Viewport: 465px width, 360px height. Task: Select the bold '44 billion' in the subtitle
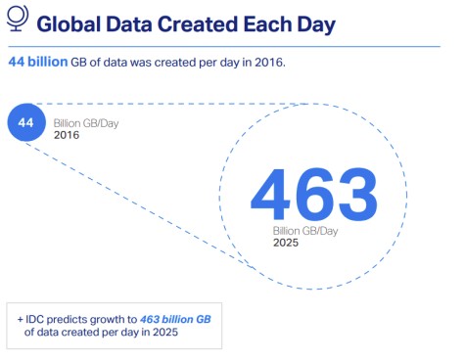pyautogui.click(x=36, y=62)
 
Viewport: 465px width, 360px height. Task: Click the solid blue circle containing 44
pyautogui.click(x=26, y=123)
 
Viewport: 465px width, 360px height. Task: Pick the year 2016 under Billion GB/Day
pyautogui.click(x=68, y=134)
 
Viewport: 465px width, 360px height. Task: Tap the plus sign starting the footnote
pyautogui.click(x=20, y=319)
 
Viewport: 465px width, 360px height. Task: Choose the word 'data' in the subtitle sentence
pyautogui.click(x=129, y=62)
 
